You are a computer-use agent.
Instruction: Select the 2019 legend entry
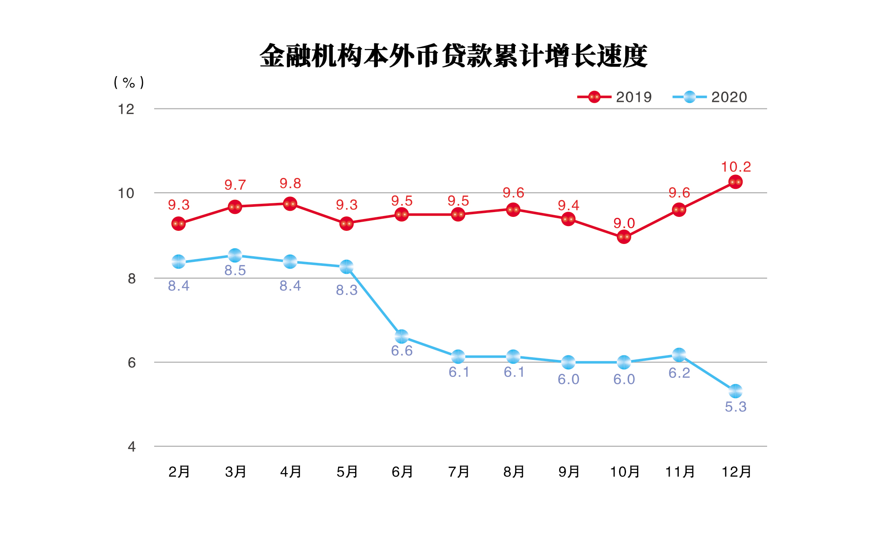click(614, 97)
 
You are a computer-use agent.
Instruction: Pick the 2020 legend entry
click(709, 97)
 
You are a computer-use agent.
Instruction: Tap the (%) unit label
click(129, 82)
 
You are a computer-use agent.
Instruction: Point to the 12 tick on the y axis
click(126, 109)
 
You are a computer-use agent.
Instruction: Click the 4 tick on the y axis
click(131, 446)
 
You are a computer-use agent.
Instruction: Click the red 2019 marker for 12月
click(735, 182)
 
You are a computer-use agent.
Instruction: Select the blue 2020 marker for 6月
click(401, 337)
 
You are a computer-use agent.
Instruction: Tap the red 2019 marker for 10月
click(624, 237)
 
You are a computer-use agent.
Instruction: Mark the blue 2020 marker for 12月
click(735, 391)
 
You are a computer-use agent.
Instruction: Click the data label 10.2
click(736, 167)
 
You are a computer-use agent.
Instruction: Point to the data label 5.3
click(736, 407)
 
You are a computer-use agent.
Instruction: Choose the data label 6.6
click(401, 351)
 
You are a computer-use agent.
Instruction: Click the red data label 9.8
click(290, 184)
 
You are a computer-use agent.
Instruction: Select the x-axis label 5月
click(347, 472)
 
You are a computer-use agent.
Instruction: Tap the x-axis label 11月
click(680, 472)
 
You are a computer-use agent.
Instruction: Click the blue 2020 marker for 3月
click(235, 255)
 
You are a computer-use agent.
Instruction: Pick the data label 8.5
click(235, 271)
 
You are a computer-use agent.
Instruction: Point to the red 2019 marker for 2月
click(178, 224)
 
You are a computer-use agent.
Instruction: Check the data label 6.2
click(679, 373)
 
